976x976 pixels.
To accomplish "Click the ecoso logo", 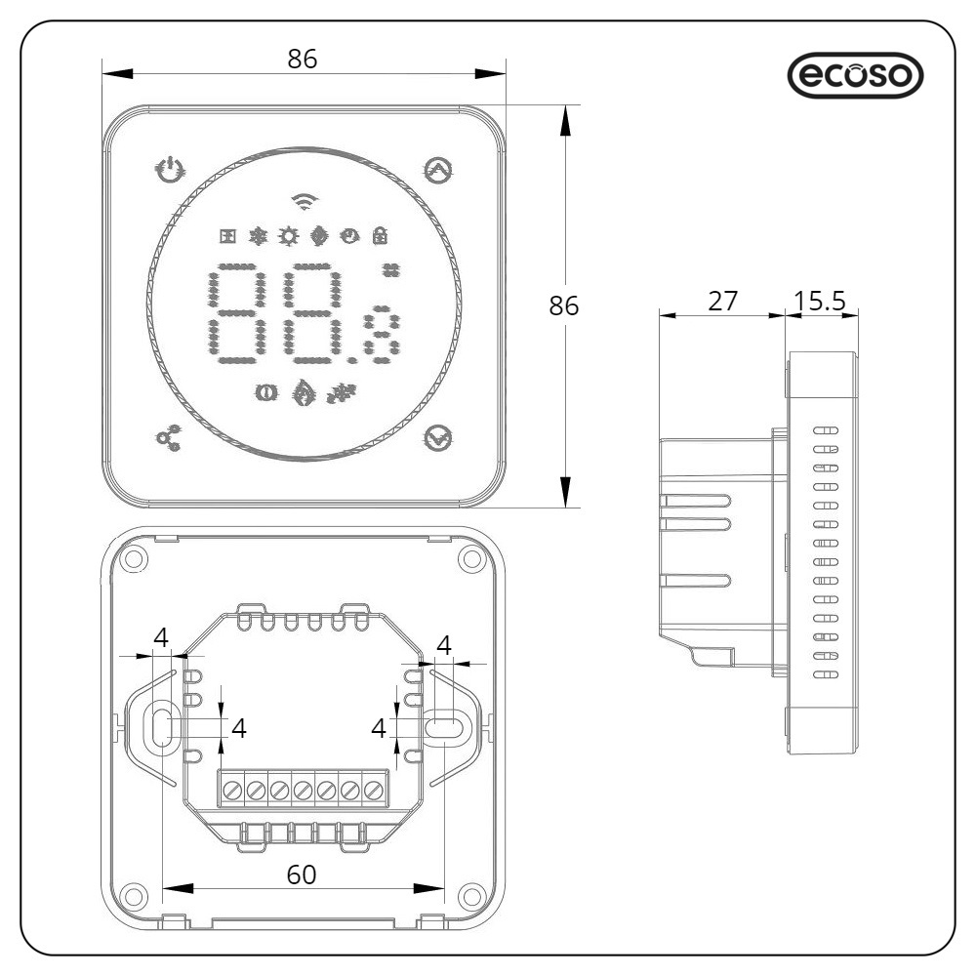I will point(854,75).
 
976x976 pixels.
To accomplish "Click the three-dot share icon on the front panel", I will point(168,440).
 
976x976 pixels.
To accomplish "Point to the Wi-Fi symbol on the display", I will point(305,200).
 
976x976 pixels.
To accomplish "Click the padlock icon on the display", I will point(380,235).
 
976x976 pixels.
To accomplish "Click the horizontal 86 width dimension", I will point(303,59).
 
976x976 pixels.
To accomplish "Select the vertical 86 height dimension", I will point(564,305).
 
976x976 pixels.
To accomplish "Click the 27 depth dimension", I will point(722,301).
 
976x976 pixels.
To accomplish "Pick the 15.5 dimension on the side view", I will point(820,301).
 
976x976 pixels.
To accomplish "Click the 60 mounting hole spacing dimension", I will point(303,875).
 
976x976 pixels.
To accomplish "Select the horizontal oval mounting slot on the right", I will point(444,727).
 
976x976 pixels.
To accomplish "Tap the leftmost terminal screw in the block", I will point(232,789).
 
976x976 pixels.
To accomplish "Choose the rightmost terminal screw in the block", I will point(373,789).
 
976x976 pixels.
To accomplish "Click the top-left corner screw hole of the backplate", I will point(136,559).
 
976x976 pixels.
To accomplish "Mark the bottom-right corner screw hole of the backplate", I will point(470,894).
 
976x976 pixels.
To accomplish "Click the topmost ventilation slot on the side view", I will point(825,429).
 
